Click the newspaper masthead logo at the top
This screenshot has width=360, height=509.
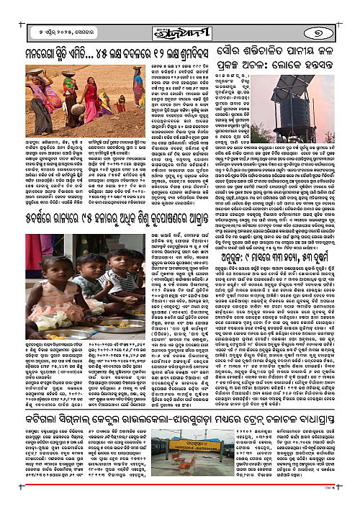coord(179,12)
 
